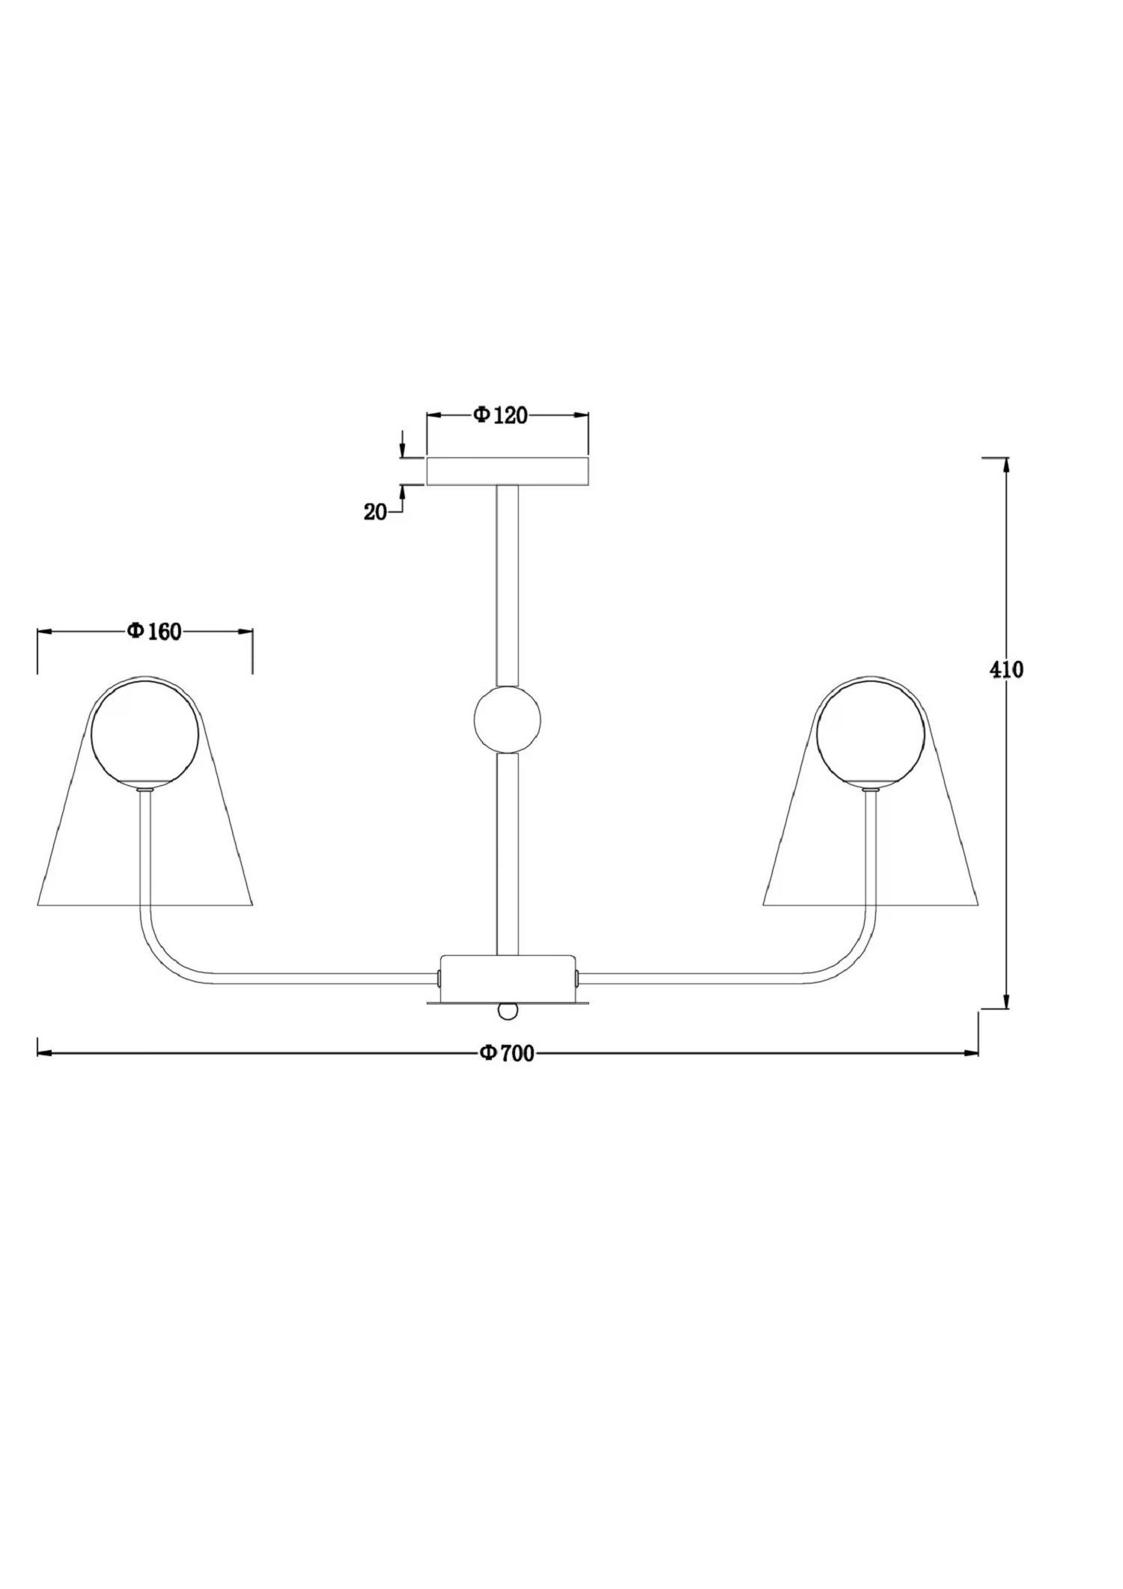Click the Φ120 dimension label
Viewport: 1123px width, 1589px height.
pyautogui.click(x=500, y=415)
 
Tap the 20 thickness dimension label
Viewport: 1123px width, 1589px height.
pyautogui.click(x=375, y=513)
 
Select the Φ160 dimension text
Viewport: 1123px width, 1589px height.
pyautogui.click(x=154, y=632)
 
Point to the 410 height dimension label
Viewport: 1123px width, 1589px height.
pyautogui.click(x=1006, y=670)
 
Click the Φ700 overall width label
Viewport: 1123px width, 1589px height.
pyautogui.click(x=507, y=1054)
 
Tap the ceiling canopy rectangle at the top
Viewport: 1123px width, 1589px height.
pyautogui.click(x=508, y=471)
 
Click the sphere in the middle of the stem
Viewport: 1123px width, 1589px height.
pyautogui.click(x=507, y=719)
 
